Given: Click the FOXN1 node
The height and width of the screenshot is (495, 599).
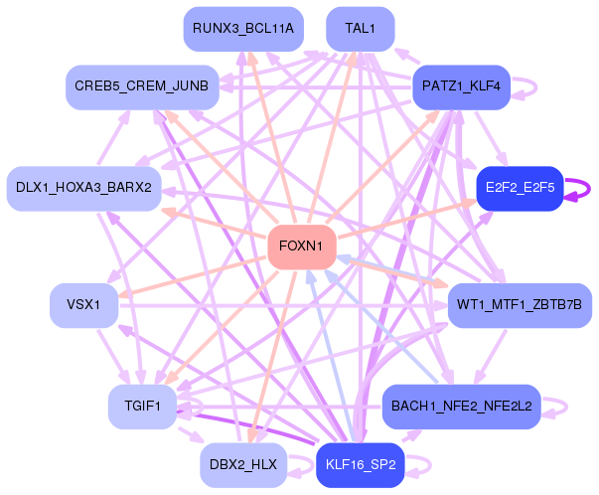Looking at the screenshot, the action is point(302,247).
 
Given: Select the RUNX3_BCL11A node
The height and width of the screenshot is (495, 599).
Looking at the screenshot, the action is point(243,29).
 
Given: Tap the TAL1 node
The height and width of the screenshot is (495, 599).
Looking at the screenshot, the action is point(361,29).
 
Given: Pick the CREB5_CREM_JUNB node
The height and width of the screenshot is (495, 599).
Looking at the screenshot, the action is point(142,87).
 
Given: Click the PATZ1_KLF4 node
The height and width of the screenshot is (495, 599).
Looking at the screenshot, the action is point(462,87).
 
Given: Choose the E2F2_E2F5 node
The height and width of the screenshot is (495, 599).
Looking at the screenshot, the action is point(520,189).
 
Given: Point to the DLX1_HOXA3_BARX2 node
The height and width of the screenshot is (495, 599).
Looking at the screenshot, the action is point(84,189).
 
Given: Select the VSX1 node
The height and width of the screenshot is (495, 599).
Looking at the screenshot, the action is point(84,305).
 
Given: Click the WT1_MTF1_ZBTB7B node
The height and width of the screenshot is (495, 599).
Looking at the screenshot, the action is point(520,305).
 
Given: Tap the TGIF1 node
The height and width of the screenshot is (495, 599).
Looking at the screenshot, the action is point(142,407).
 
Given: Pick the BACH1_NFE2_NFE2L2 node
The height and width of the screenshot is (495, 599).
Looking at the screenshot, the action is point(462,407).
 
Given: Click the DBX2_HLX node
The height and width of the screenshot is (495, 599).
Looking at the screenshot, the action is point(243,465).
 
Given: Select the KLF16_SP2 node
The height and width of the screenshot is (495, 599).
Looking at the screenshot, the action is point(361,465).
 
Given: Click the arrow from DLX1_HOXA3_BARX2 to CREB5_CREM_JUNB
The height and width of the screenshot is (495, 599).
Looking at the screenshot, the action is point(114,137).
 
